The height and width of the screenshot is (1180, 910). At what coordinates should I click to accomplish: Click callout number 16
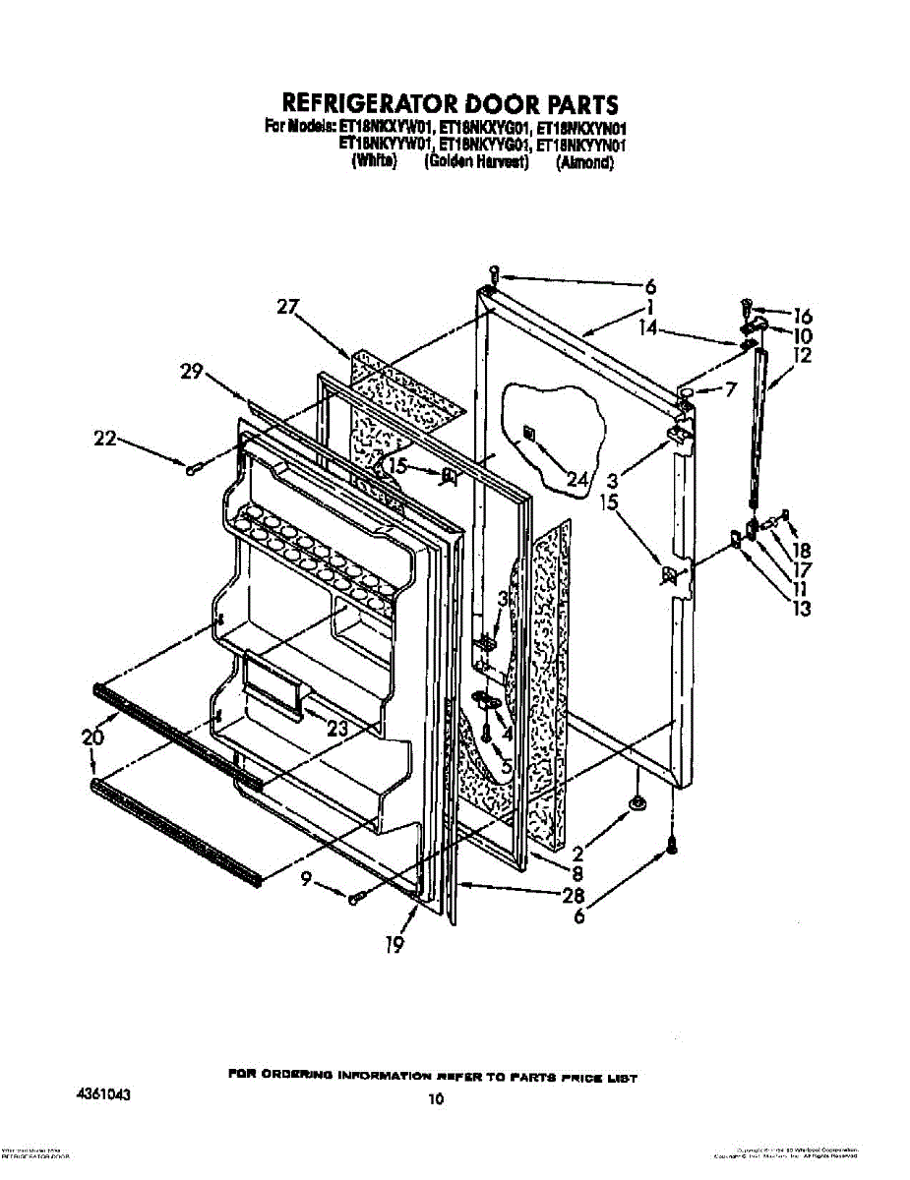802,317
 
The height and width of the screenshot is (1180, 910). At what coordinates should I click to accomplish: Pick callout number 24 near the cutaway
577,481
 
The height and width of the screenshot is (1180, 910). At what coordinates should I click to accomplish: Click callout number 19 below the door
394,946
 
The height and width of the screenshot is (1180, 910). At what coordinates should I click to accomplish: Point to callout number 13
802,609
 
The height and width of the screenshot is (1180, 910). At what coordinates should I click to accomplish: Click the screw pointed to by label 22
193,470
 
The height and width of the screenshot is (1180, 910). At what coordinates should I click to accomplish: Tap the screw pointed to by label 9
355,896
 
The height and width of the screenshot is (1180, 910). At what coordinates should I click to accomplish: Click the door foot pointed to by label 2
637,804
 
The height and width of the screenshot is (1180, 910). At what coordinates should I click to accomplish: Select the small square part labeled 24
529,431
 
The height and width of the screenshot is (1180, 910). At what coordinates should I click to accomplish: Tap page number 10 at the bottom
436,1100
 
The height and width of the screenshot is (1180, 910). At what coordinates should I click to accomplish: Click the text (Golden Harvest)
476,164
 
